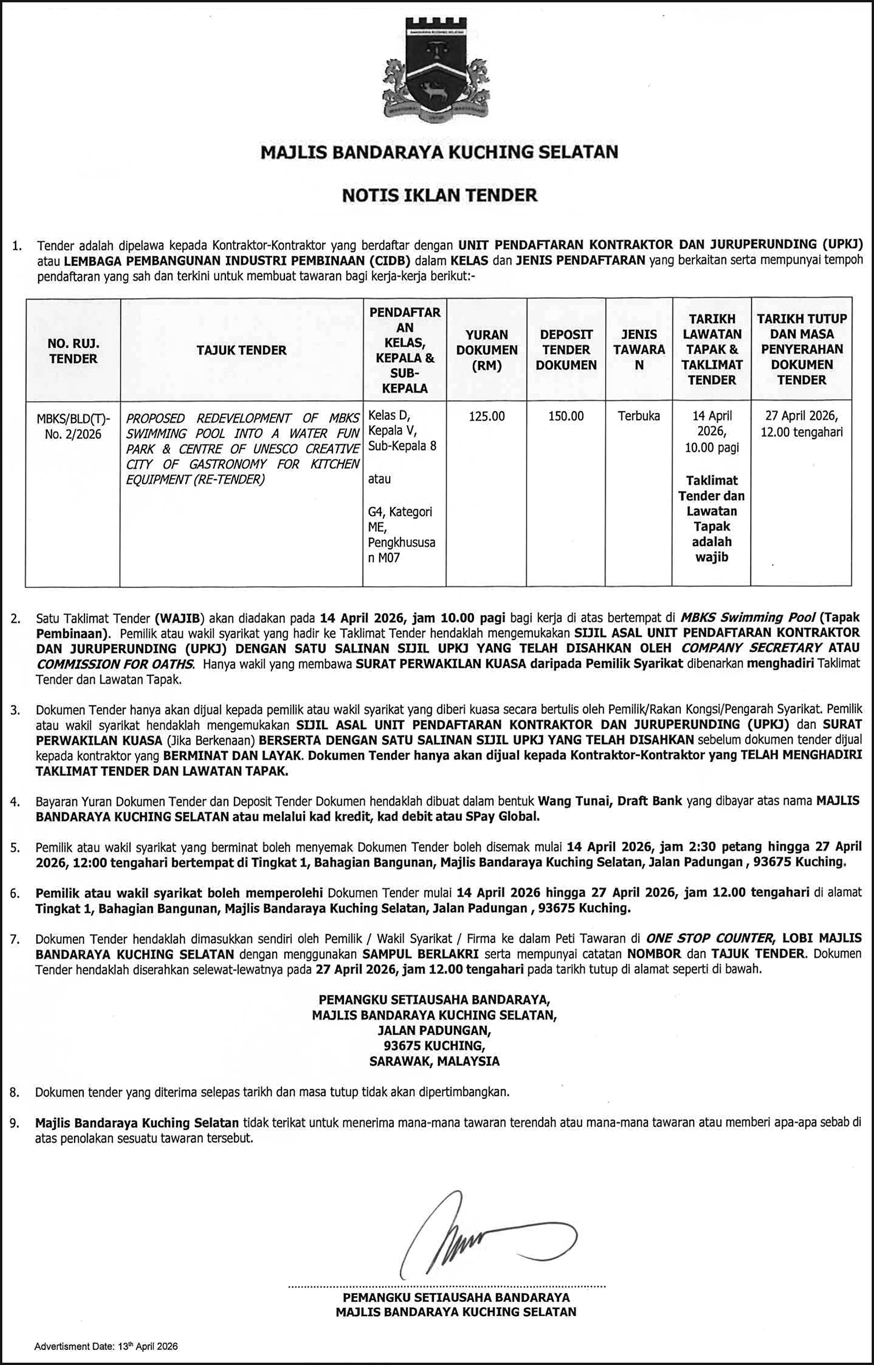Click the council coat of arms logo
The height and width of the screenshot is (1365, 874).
point(436,72)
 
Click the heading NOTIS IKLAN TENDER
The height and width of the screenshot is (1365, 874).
point(439,195)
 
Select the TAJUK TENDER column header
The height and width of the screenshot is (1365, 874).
point(241,350)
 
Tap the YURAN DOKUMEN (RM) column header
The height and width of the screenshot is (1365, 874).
point(487,350)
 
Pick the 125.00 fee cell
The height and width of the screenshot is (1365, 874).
point(487,416)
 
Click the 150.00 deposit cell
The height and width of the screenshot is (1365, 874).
point(566,416)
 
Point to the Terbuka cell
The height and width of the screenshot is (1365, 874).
point(639,416)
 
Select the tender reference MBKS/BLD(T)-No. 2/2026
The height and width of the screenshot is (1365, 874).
point(73,426)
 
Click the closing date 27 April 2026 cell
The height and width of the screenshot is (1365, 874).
point(801,424)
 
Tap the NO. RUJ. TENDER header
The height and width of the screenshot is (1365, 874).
point(73,351)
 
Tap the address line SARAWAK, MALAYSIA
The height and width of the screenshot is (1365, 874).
point(435,1061)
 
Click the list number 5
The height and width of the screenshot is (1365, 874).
point(15,848)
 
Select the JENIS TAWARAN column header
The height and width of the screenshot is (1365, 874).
point(639,350)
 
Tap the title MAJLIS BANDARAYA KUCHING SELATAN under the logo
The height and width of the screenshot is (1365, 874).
point(439,152)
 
